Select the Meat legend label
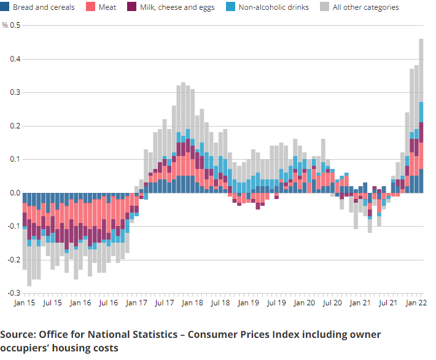tap(107, 7)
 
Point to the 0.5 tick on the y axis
tap(15, 26)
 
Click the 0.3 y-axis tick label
tap(15, 93)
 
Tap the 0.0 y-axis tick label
tap(15, 193)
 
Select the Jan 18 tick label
tap(192, 303)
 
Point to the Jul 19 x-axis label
tap(276, 303)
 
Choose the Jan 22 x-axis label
tap(417, 303)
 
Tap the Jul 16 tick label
tap(108, 303)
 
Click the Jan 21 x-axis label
tap(360, 303)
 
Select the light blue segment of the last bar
tap(421, 112)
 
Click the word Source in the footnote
tap(17, 335)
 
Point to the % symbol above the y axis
tap(5, 26)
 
